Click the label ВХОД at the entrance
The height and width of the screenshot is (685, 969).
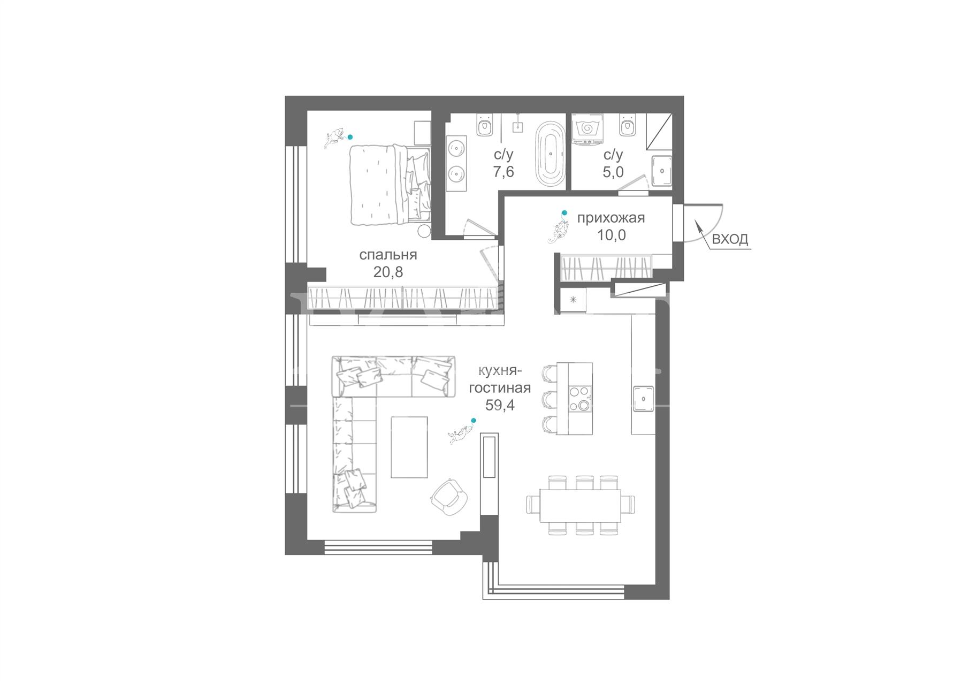(730, 239)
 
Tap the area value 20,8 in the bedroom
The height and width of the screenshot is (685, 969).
(388, 272)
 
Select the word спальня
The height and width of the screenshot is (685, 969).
(388, 255)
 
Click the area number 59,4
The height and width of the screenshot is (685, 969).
(500, 405)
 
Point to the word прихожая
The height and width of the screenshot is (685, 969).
(611, 218)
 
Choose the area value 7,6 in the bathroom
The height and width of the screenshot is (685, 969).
(503, 172)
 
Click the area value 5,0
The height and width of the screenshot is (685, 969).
(613, 172)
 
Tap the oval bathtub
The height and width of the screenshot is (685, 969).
(550, 154)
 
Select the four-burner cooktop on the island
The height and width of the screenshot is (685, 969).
(580, 399)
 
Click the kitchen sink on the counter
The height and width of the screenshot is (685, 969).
(643, 399)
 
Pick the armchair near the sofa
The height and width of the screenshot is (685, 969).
(447, 497)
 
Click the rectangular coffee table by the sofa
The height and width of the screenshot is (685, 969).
(409, 447)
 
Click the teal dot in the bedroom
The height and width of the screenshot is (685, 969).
(350, 137)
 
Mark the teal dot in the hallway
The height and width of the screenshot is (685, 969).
(564, 213)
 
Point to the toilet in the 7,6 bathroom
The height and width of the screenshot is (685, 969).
(485, 124)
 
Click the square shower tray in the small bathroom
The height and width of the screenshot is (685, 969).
(662, 171)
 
